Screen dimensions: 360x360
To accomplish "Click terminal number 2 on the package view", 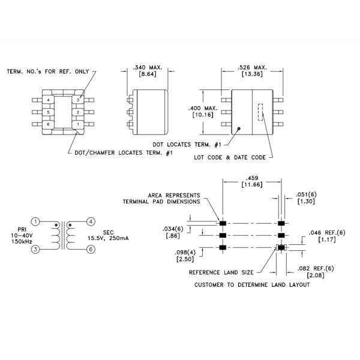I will (77, 112).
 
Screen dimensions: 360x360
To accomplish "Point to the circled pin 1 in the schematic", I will (35, 221).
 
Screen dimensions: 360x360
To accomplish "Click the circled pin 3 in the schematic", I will (35, 249).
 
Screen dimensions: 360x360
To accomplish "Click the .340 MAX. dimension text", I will (148, 68).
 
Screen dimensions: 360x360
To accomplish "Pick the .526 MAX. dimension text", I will (252, 68).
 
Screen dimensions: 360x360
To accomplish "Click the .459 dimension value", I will (252, 178).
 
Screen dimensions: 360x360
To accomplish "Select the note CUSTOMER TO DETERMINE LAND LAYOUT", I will (252, 284).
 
